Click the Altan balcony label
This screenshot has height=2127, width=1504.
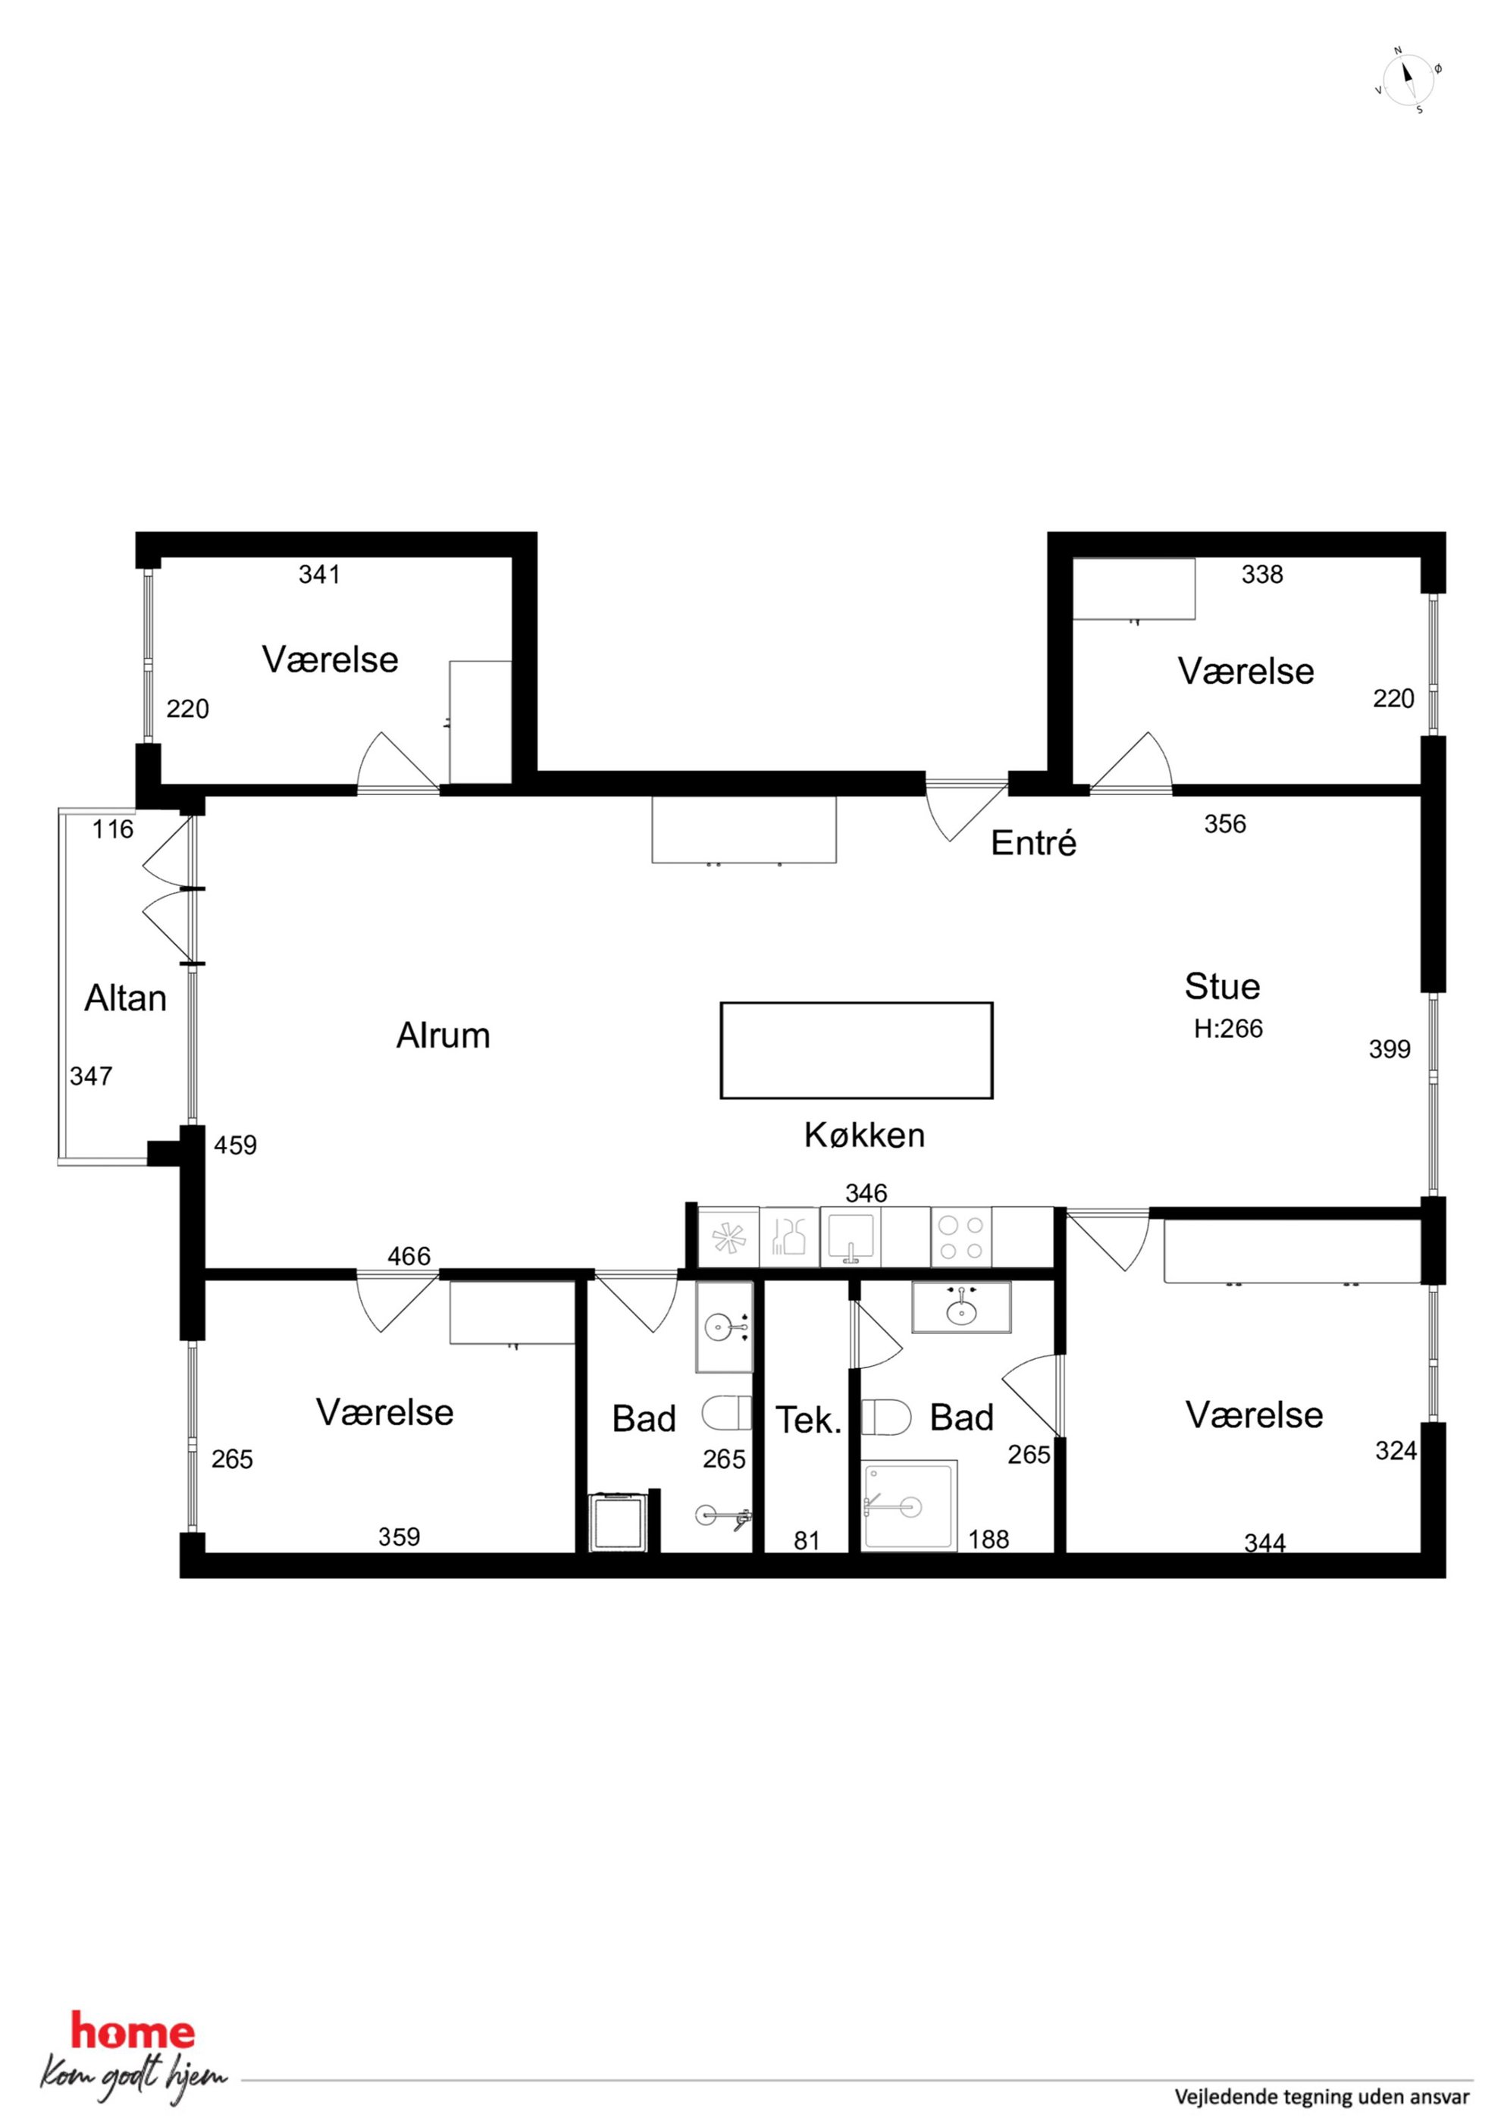point(125,998)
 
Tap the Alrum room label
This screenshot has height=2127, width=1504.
point(443,1035)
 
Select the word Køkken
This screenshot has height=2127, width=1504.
point(865,1135)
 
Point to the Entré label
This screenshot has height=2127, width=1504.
point(1033,843)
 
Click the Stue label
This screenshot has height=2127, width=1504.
point(1222,987)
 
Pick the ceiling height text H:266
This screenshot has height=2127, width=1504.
point(1228,1029)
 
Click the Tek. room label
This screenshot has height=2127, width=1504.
point(808,1421)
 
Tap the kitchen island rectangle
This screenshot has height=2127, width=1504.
point(857,1051)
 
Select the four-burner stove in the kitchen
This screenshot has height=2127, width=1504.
point(961,1238)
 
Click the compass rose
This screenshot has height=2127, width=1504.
point(1408,80)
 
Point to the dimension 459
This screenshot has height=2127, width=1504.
point(235,1145)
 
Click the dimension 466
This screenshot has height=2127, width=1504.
point(409,1256)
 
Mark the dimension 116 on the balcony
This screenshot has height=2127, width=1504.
point(113,829)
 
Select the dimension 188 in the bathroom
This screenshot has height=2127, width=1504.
point(989,1540)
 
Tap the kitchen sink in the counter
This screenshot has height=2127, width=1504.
point(851,1238)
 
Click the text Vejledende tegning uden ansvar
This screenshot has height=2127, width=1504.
point(1322,2097)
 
